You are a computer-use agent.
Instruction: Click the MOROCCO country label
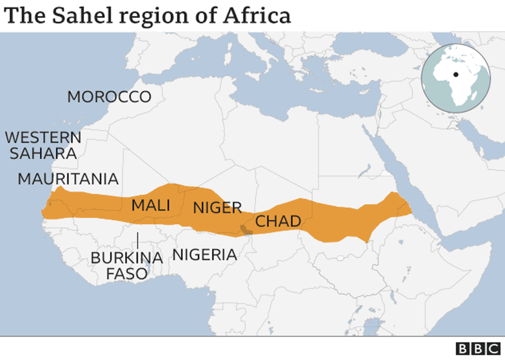point(109,96)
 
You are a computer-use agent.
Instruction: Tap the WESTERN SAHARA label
point(43,145)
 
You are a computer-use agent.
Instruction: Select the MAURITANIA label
point(68,179)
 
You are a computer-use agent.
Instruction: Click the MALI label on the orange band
point(150,205)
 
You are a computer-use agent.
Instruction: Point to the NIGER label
point(217,208)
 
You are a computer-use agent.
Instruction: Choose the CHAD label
point(278,221)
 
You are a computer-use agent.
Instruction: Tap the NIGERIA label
point(205,254)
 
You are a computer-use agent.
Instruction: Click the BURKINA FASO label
point(127,265)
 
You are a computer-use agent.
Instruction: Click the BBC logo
point(479,349)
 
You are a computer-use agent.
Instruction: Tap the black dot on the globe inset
point(456,74)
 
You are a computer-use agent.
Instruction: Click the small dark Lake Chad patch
point(247,228)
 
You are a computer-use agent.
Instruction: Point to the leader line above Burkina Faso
point(138,240)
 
